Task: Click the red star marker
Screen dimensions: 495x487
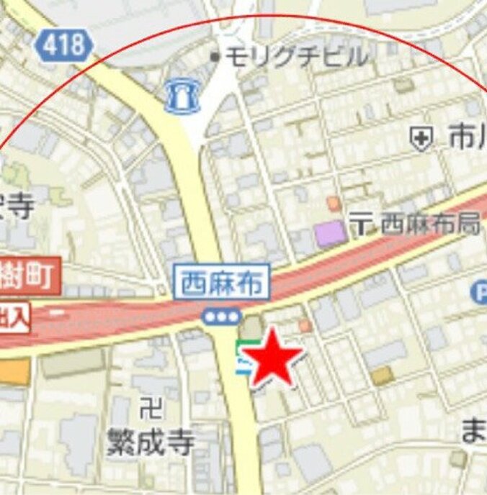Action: (x=272, y=358)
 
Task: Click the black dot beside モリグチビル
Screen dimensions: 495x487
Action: (x=214, y=55)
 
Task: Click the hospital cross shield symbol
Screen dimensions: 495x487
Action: (x=421, y=138)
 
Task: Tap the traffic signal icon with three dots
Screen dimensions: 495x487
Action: (x=221, y=316)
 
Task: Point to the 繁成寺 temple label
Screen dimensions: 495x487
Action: (x=150, y=442)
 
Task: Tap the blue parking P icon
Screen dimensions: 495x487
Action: (x=479, y=291)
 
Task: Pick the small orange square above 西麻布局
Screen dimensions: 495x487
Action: (x=333, y=204)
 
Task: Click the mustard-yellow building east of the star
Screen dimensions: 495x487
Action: (x=383, y=376)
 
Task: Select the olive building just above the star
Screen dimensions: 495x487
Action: (x=251, y=328)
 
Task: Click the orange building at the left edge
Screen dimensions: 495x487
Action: (x=14, y=371)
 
